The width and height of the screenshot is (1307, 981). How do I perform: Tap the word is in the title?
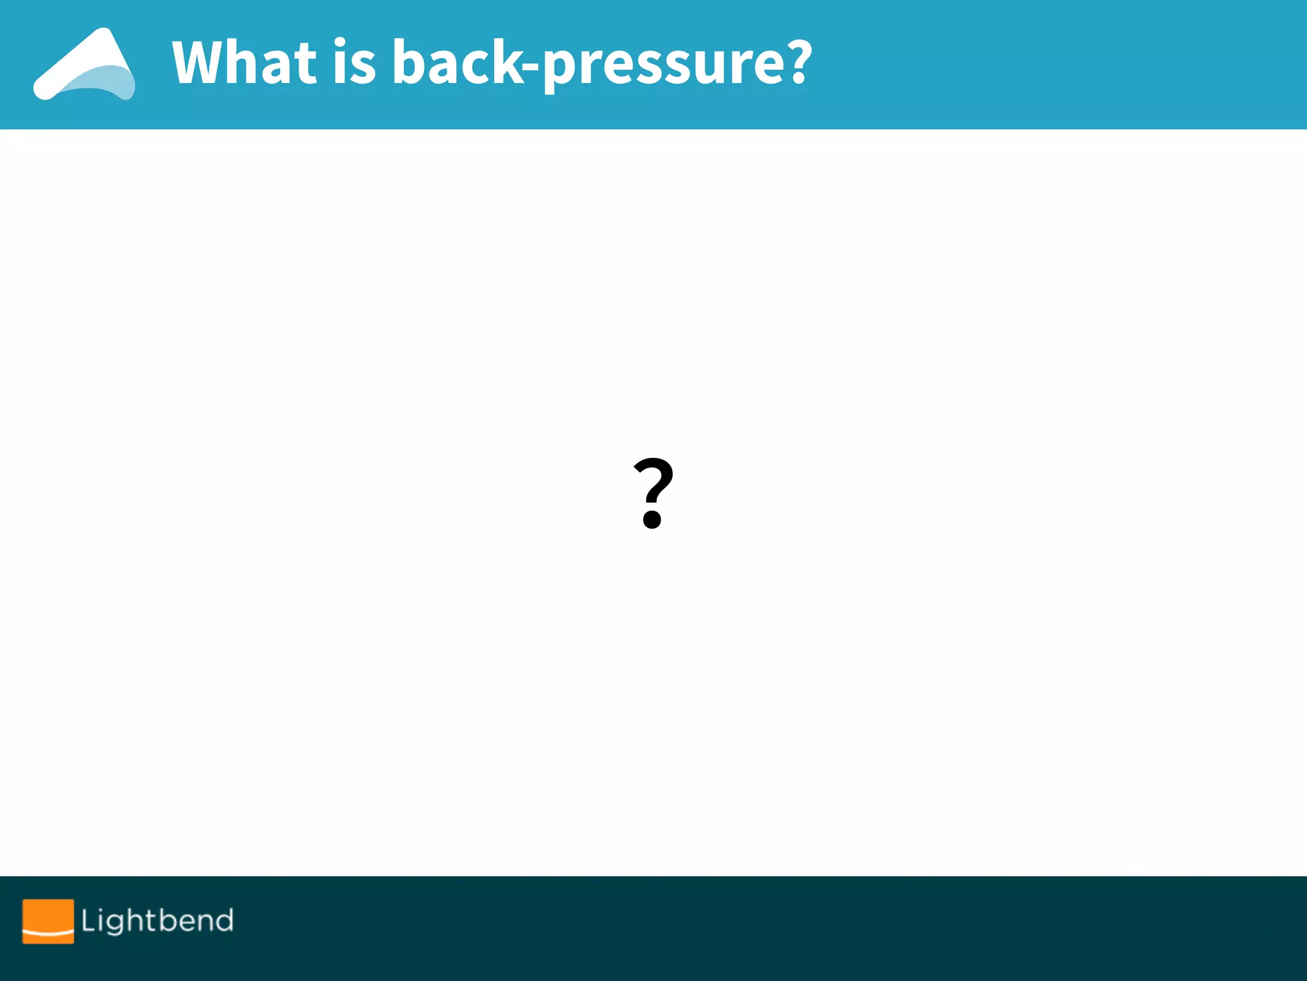[354, 62]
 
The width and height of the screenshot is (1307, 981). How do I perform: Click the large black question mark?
[653, 492]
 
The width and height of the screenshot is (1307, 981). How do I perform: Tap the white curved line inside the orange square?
[48, 934]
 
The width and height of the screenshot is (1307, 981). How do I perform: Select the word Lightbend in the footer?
[157, 921]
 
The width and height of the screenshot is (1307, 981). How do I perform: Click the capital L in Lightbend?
[88, 920]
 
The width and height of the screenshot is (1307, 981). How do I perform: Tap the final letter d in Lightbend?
[224, 920]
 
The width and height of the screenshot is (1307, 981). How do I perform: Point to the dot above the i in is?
[340, 43]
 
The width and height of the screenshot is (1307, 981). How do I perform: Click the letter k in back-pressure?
[507, 62]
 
